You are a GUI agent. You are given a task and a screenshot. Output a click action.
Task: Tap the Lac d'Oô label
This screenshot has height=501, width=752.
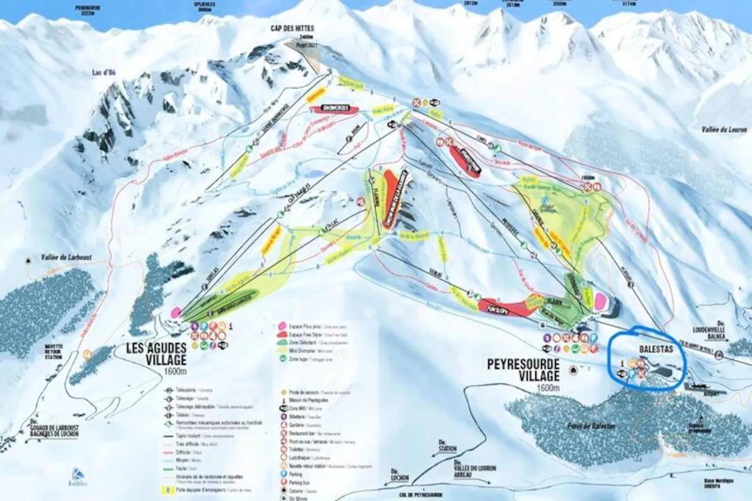pos(103,72)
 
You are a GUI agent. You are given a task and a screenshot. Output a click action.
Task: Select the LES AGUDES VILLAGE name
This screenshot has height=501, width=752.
pos(156,354)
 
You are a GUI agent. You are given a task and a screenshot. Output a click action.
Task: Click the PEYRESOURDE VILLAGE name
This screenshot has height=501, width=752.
pos(523,370)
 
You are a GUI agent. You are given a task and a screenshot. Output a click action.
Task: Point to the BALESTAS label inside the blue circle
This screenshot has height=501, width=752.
pos(656,349)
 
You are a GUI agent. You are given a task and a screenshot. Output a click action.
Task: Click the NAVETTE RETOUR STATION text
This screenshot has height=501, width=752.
pos(54,352)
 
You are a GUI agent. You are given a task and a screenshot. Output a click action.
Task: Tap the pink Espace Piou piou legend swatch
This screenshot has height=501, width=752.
pos(282,325)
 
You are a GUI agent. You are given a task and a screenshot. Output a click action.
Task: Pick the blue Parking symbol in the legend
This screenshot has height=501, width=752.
pos(284,474)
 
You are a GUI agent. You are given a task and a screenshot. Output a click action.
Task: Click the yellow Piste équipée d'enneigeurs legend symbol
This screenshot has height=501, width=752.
pos(166,490)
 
